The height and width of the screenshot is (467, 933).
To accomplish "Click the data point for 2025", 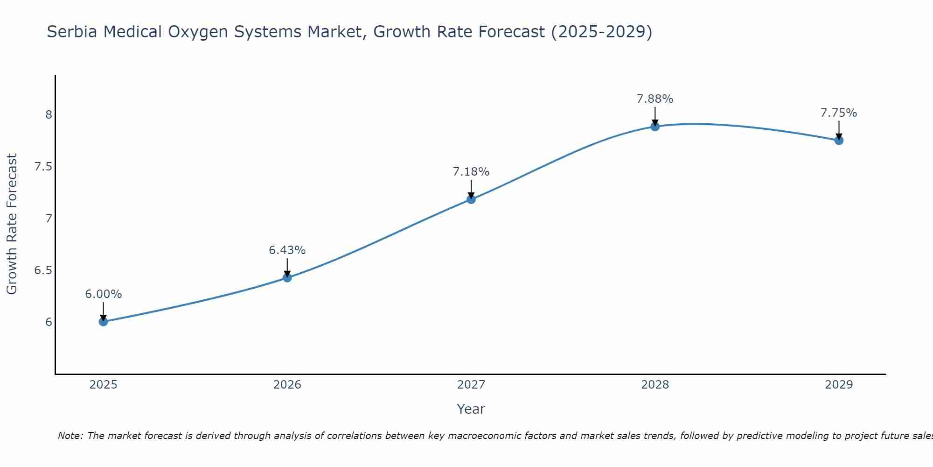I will [x=103, y=321].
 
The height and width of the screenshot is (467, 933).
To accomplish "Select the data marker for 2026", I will [x=287, y=277].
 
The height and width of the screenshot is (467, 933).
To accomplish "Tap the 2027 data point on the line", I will [x=471, y=199].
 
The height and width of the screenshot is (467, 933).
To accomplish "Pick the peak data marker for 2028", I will [x=655, y=126].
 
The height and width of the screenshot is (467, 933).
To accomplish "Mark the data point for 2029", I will [x=839, y=140].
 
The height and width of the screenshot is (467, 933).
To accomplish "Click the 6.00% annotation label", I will [x=103, y=294].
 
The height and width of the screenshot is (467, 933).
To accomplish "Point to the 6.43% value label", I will [x=287, y=250].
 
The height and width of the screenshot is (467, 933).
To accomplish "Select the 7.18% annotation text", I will [x=471, y=172].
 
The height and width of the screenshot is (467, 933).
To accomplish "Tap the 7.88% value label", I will [x=655, y=99].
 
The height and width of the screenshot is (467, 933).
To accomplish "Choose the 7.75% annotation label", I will [x=839, y=113].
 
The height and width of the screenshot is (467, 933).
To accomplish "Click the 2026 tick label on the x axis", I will [x=287, y=385].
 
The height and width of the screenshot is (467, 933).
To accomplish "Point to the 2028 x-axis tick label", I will [x=655, y=385].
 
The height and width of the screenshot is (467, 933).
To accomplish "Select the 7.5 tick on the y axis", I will [x=43, y=167].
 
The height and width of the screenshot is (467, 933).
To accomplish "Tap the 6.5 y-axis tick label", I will [x=43, y=270].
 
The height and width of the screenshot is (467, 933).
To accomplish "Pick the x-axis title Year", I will [x=471, y=409].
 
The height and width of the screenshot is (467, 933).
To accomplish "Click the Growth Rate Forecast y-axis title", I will [x=12, y=224].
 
